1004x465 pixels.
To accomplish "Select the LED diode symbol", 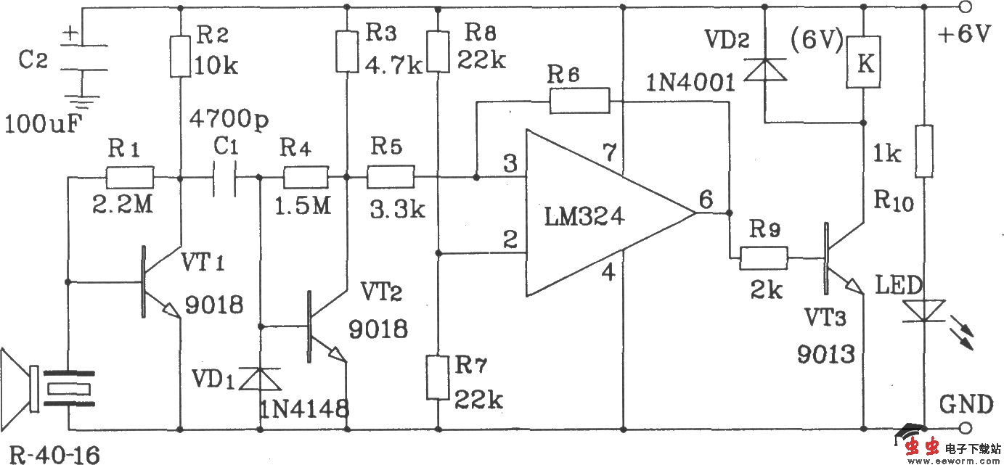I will [923, 311].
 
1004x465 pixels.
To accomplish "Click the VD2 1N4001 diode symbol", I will [766, 69].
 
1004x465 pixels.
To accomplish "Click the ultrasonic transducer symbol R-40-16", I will [51, 388].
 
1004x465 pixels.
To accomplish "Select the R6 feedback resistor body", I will [579, 101].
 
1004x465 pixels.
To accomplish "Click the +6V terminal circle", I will [966, 9].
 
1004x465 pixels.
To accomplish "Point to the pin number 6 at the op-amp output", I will [704, 198].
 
